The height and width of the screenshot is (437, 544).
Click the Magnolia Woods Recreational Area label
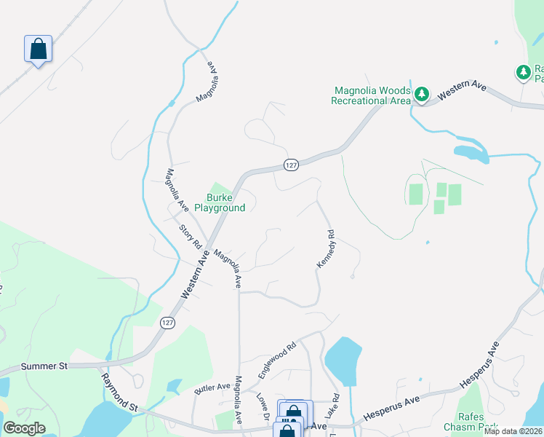point(371,95)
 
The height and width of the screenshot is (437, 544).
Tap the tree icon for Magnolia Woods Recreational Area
point(422,94)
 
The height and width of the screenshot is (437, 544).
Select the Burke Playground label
point(225,202)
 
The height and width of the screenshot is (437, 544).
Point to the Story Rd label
point(191,237)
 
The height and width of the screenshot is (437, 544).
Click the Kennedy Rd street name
point(325,248)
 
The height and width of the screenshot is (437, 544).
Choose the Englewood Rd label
point(278,360)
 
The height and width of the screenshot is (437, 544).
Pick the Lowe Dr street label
point(263,408)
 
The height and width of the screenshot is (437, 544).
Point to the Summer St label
point(44,366)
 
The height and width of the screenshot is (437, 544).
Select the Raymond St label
point(119,393)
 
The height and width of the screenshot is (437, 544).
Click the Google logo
point(24,428)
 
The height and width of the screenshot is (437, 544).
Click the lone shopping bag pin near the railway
point(38,50)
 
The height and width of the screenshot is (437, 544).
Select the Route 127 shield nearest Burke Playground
point(290,165)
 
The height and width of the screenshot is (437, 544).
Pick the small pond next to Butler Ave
point(175,385)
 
